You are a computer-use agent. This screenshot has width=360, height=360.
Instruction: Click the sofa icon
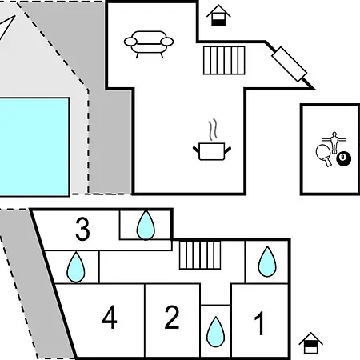click(x=149, y=44)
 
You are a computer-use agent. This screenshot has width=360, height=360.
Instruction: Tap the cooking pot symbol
click(x=212, y=151)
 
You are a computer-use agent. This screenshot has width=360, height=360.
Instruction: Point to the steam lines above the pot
click(x=213, y=130)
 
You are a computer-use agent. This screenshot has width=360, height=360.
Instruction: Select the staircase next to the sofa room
click(x=224, y=60)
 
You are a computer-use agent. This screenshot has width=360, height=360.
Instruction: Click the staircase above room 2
click(x=200, y=255)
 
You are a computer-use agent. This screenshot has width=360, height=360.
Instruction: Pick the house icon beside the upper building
click(x=218, y=15)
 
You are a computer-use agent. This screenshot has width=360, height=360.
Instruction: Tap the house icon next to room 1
click(x=310, y=343)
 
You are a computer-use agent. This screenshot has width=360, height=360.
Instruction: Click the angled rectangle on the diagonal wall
click(x=290, y=64)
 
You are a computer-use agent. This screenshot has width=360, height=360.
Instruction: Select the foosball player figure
click(x=334, y=142)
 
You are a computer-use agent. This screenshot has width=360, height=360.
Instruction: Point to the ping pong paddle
click(x=323, y=154)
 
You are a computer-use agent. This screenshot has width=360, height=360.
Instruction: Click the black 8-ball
click(x=343, y=158)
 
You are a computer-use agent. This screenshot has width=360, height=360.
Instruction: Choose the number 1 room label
click(x=259, y=323)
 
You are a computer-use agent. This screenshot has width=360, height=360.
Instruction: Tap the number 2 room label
click(x=172, y=318)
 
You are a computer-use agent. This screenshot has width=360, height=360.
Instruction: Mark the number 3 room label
click(x=82, y=229)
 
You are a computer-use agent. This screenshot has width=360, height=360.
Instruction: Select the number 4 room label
click(x=110, y=317)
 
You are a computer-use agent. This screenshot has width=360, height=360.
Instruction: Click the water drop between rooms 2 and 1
click(x=215, y=332)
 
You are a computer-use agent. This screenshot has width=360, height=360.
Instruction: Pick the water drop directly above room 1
click(x=267, y=262)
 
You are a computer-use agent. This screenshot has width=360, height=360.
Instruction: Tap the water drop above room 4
click(x=76, y=267)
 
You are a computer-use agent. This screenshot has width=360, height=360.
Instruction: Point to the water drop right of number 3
click(x=146, y=226)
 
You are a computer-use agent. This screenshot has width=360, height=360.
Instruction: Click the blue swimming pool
click(x=34, y=147)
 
